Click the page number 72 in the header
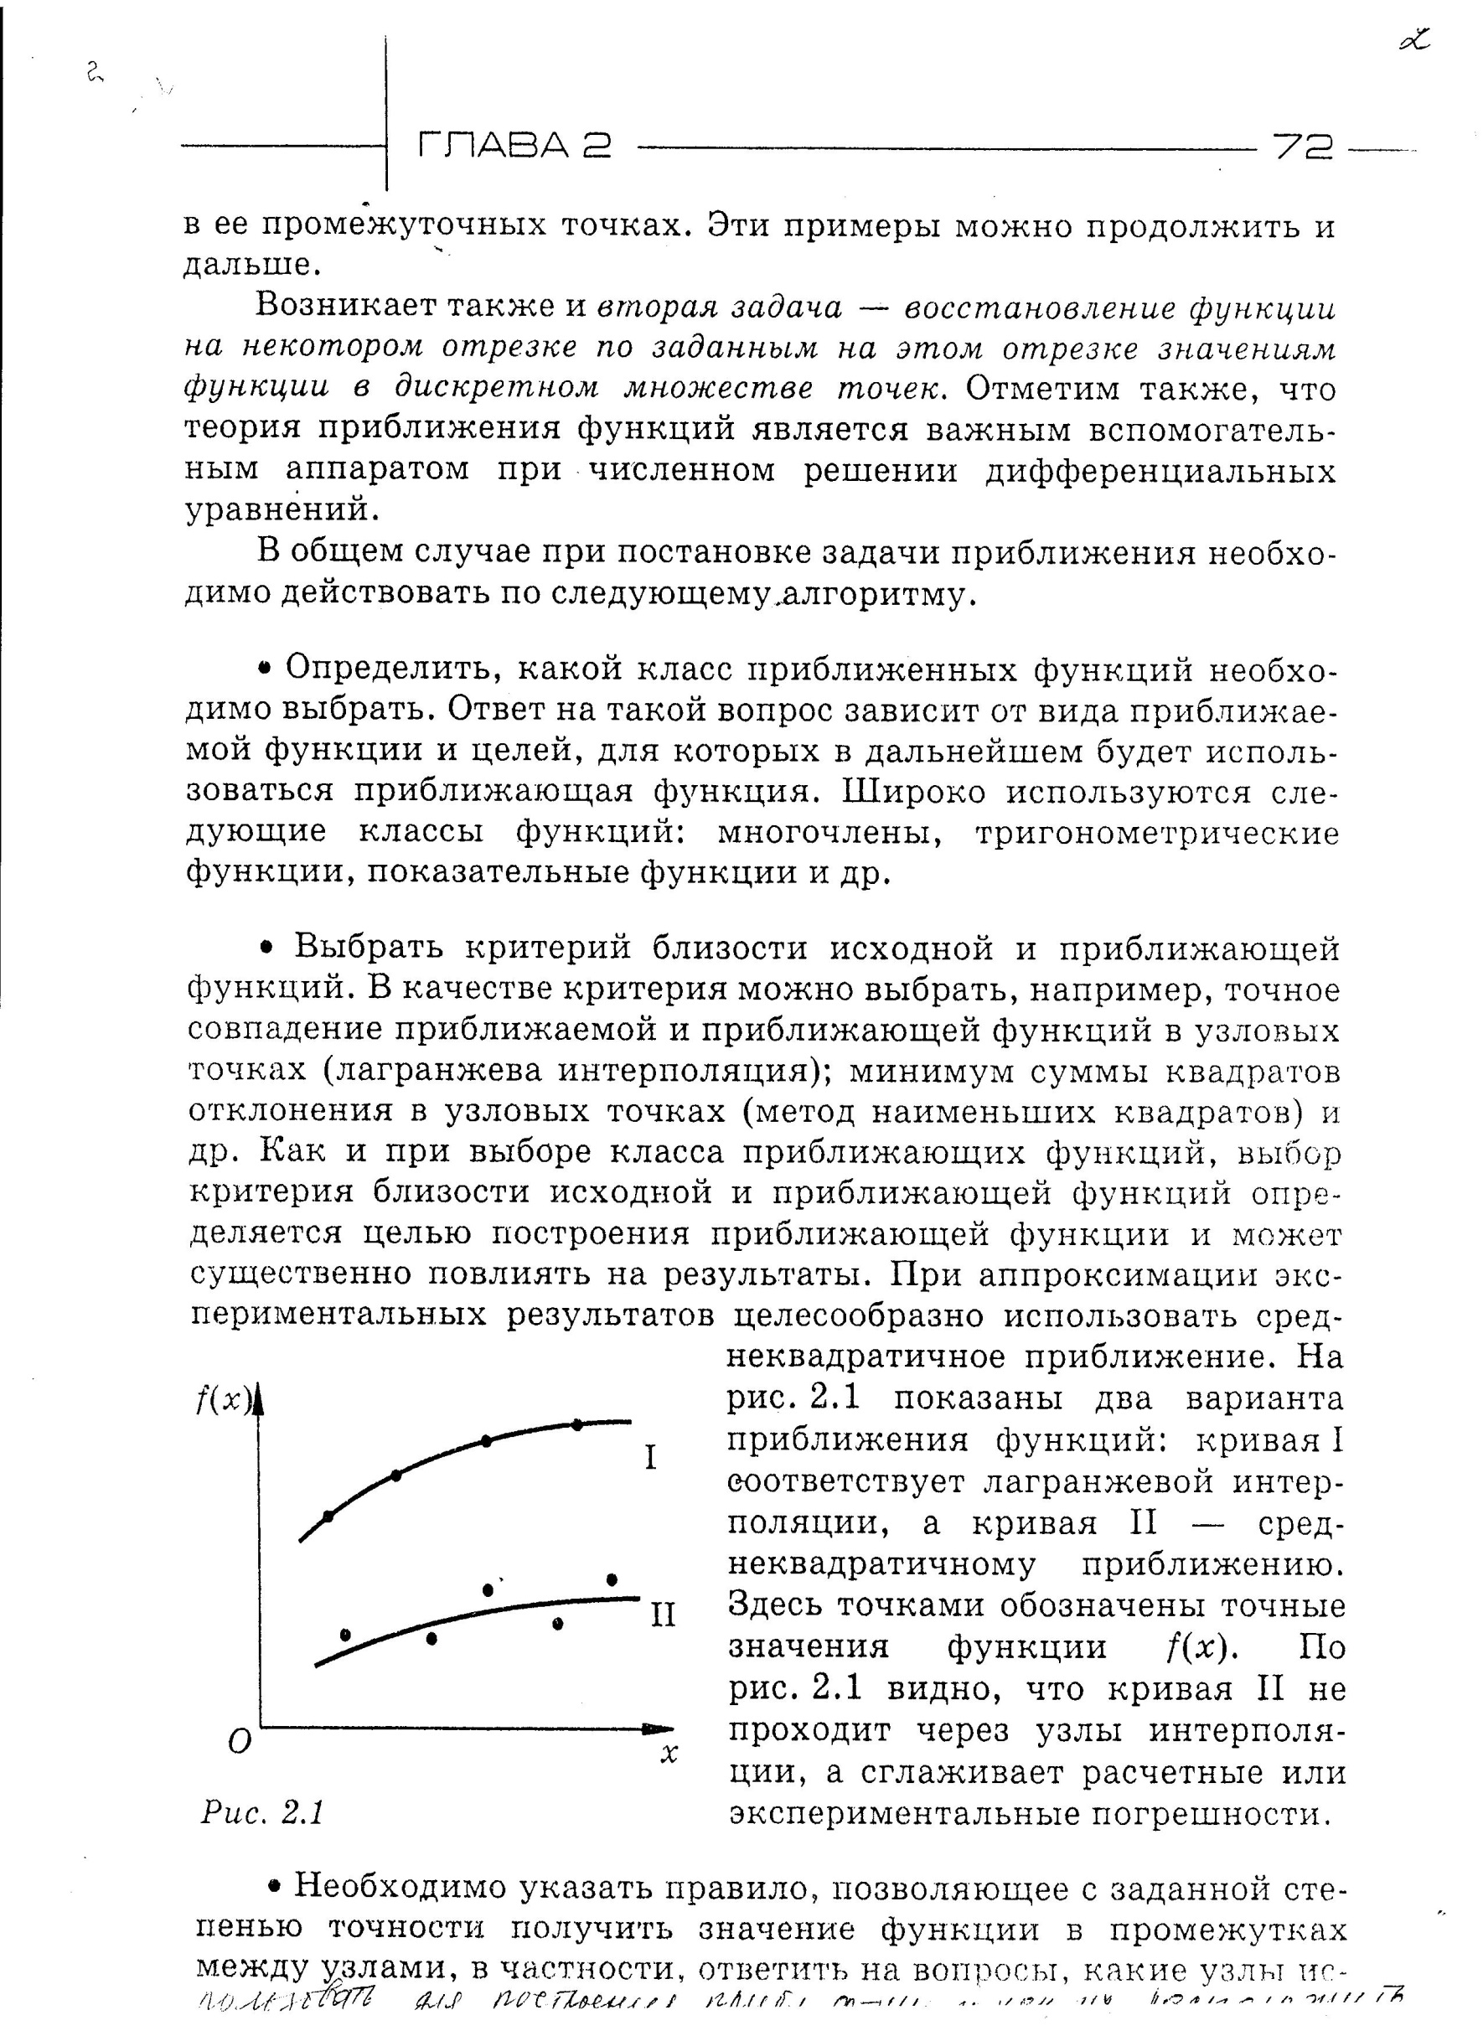point(1304,147)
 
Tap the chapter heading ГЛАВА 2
point(514,146)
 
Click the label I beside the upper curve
point(653,1458)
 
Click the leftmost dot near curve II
point(345,1634)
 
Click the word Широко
point(907,793)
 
